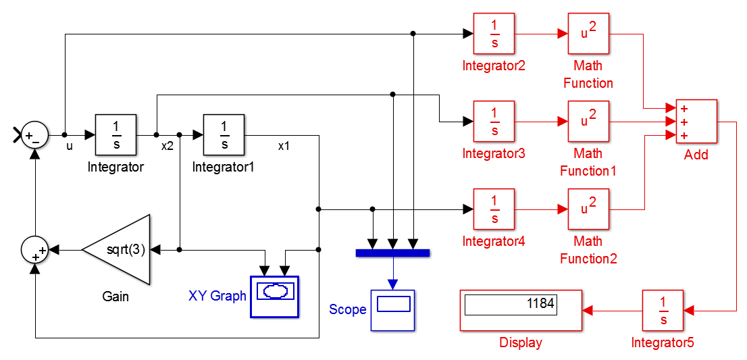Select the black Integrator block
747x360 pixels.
(115, 135)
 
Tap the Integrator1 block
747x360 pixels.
(224, 135)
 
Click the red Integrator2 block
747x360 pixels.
(494, 33)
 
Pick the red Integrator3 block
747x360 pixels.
(494, 122)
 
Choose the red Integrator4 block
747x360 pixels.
(494, 209)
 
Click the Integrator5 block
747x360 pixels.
(663, 310)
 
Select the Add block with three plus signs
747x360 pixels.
(696, 122)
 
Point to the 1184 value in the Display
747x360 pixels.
(541, 303)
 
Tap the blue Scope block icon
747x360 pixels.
(393, 310)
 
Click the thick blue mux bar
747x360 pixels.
(393, 253)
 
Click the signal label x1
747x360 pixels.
(284, 147)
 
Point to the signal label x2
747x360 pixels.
(168, 147)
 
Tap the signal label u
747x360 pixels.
(70, 147)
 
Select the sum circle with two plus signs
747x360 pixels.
(34, 249)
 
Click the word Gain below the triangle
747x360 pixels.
(115, 297)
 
